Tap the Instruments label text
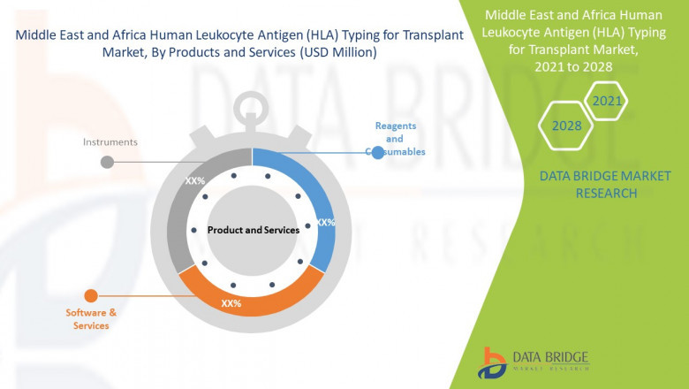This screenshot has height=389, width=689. point(110,141)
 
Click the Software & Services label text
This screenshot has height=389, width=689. point(91,319)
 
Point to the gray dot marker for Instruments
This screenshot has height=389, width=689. point(107,162)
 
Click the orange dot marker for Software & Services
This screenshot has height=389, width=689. point(90,295)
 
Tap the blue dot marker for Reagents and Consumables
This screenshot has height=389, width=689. point(378,153)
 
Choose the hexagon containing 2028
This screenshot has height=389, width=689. point(566,126)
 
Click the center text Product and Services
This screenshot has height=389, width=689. point(254,230)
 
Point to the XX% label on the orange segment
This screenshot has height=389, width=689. point(231,303)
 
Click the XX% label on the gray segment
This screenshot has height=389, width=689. point(194,180)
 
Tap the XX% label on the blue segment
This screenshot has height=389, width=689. point(325,223)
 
